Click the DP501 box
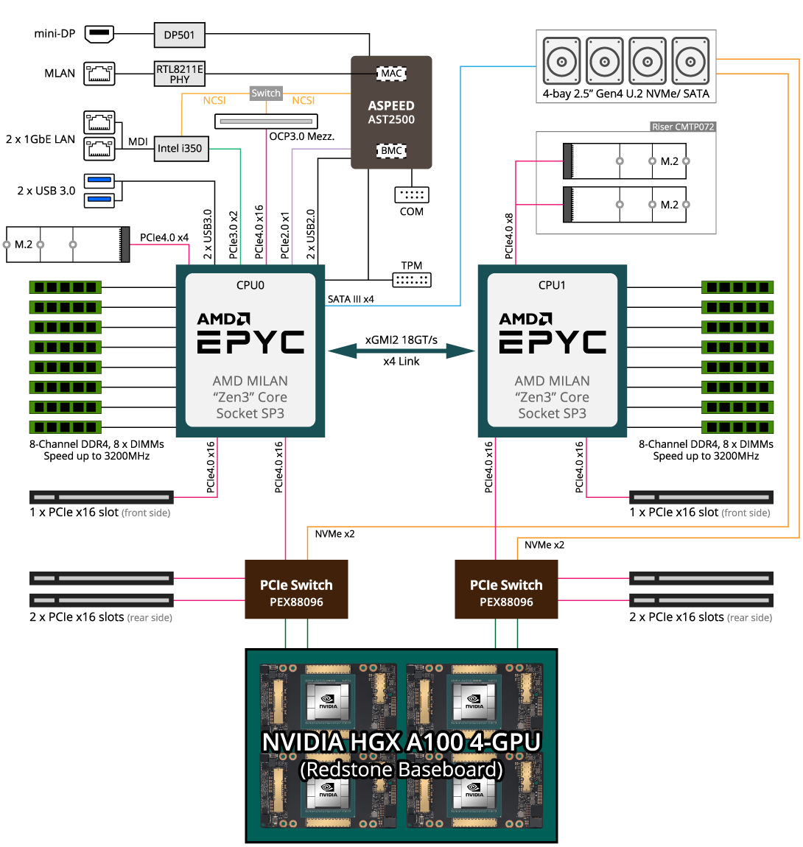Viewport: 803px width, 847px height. click(x=180, y=35)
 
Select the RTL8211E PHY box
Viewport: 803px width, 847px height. click(x=180, y=74)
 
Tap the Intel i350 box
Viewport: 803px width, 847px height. click(x=180, y=148)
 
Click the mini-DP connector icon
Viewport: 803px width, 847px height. click(x=99, y=33)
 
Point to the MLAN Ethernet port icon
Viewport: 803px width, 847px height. click(x=99, y=73)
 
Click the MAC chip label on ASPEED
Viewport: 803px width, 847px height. click(x=391, y=73)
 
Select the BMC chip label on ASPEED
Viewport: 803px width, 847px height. click(x=391, y=151)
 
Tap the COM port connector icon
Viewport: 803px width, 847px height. click(x=412, y=194)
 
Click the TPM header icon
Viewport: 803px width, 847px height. click(x=412, y=280)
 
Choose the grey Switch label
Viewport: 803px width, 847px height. click(x=266, y=94)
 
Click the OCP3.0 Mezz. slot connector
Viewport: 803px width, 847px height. click(x=266, y=121)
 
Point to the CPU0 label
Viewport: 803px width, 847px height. click(x=250, y=285)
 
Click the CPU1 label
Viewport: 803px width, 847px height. click(x=553, y=285)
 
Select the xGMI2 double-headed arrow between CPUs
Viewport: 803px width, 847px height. click(x=401, y=351)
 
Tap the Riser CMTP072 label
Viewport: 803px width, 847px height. click(x=683, y=127)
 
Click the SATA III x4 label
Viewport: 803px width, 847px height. click(x=351, y=299)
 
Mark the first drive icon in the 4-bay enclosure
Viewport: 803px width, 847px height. click(x=562, y=60)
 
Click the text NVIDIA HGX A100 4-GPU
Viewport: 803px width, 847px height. click(x=401, y=742)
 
